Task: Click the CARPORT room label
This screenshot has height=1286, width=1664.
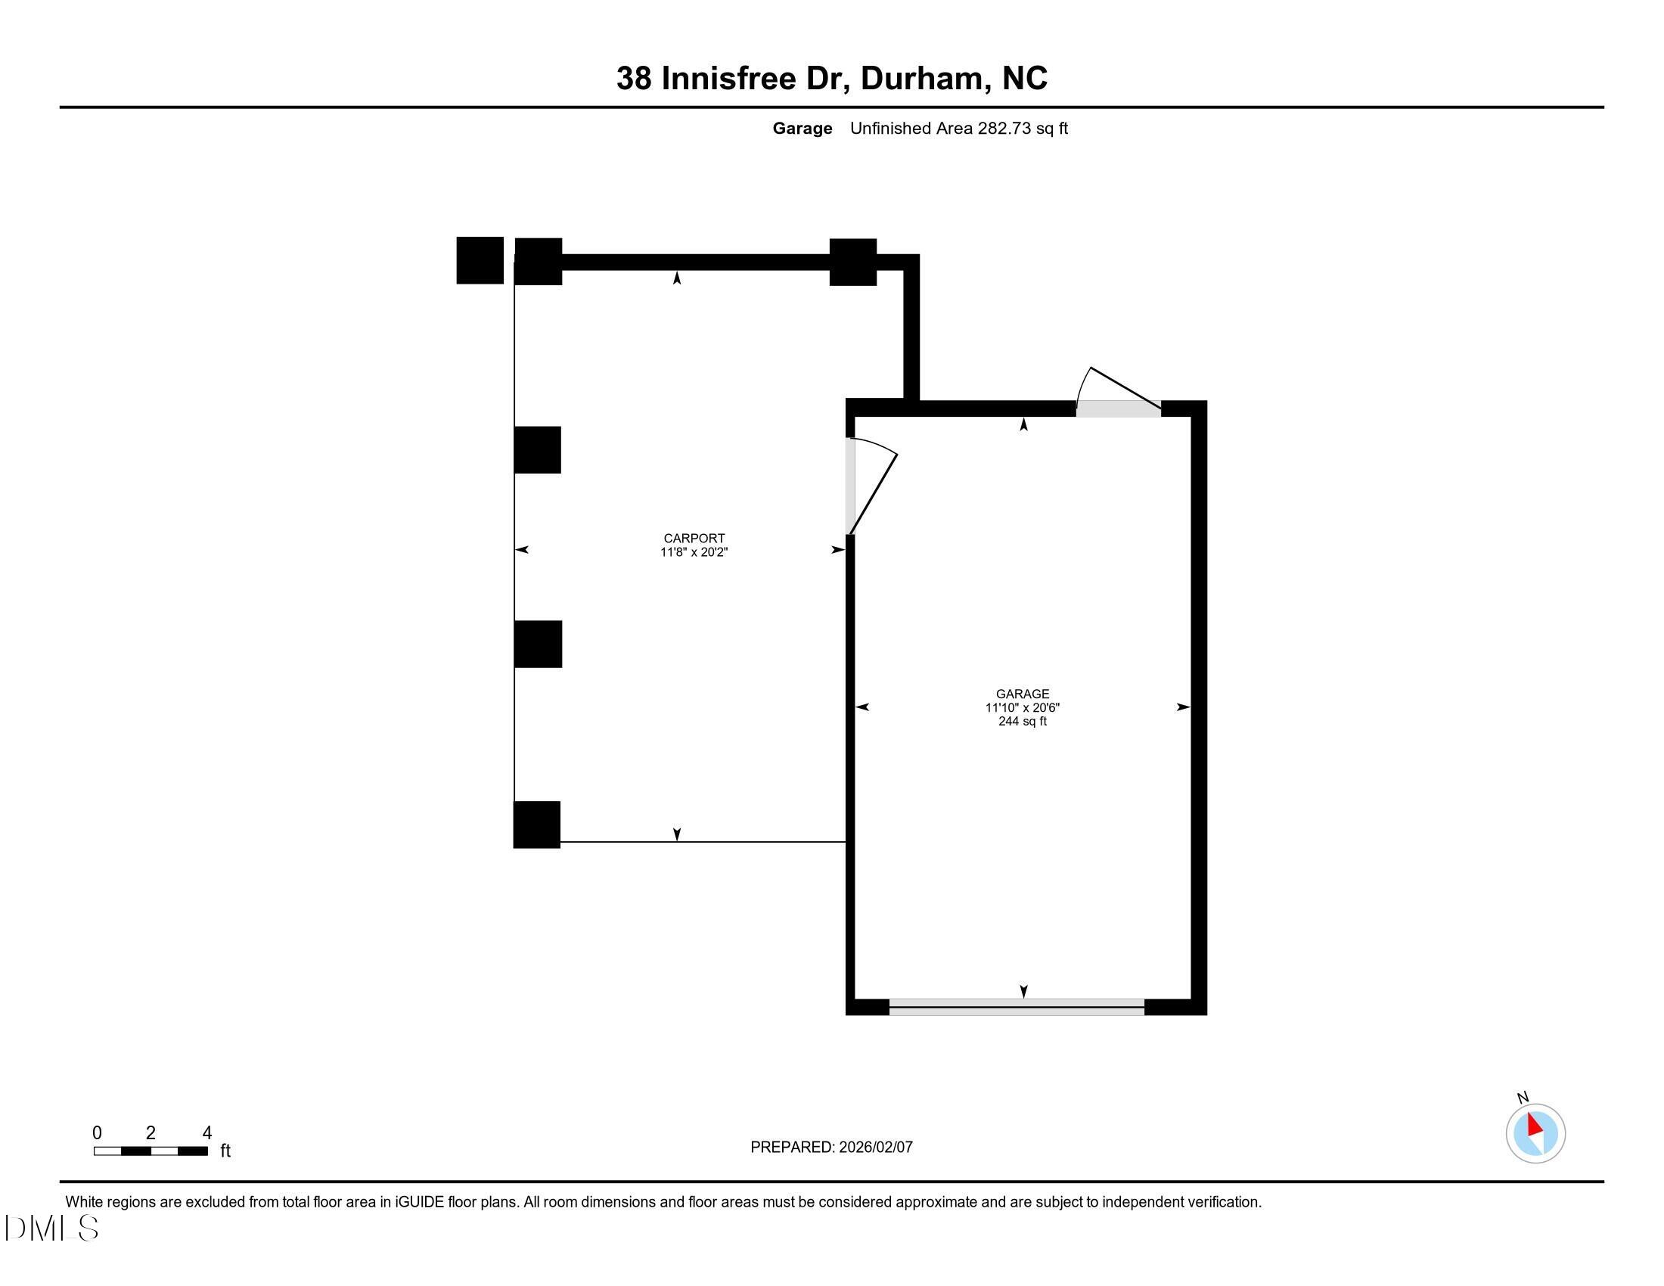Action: tap(694, 538)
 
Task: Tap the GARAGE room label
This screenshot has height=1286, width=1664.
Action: tap(1022, 693)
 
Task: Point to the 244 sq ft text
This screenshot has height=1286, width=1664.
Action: tap(1022, 721)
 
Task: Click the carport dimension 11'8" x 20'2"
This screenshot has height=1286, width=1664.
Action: tap(694, 551)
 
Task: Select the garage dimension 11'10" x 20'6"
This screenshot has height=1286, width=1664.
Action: tap(1022, 707)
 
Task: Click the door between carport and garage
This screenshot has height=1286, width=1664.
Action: tap(852, 486)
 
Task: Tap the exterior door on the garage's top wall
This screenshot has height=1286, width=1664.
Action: tap(1118, 408)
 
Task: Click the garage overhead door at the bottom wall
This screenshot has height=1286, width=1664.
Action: tap(1017, 1007)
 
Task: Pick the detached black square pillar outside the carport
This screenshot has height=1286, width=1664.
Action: tap(480, 260)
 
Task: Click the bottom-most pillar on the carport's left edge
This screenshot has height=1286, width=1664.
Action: tap(536, 825)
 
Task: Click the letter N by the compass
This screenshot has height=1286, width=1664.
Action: tap(1523, 1097)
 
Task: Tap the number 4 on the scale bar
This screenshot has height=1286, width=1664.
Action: tap(206, 1132)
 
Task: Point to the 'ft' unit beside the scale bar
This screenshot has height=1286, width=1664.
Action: tap(225, 1151)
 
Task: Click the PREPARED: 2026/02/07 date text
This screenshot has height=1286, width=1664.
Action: tap(830, 1147)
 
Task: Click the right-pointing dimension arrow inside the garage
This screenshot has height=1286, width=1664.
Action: tap(1182, 707)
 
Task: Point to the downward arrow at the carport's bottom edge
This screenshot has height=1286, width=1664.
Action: tap(677, 834)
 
